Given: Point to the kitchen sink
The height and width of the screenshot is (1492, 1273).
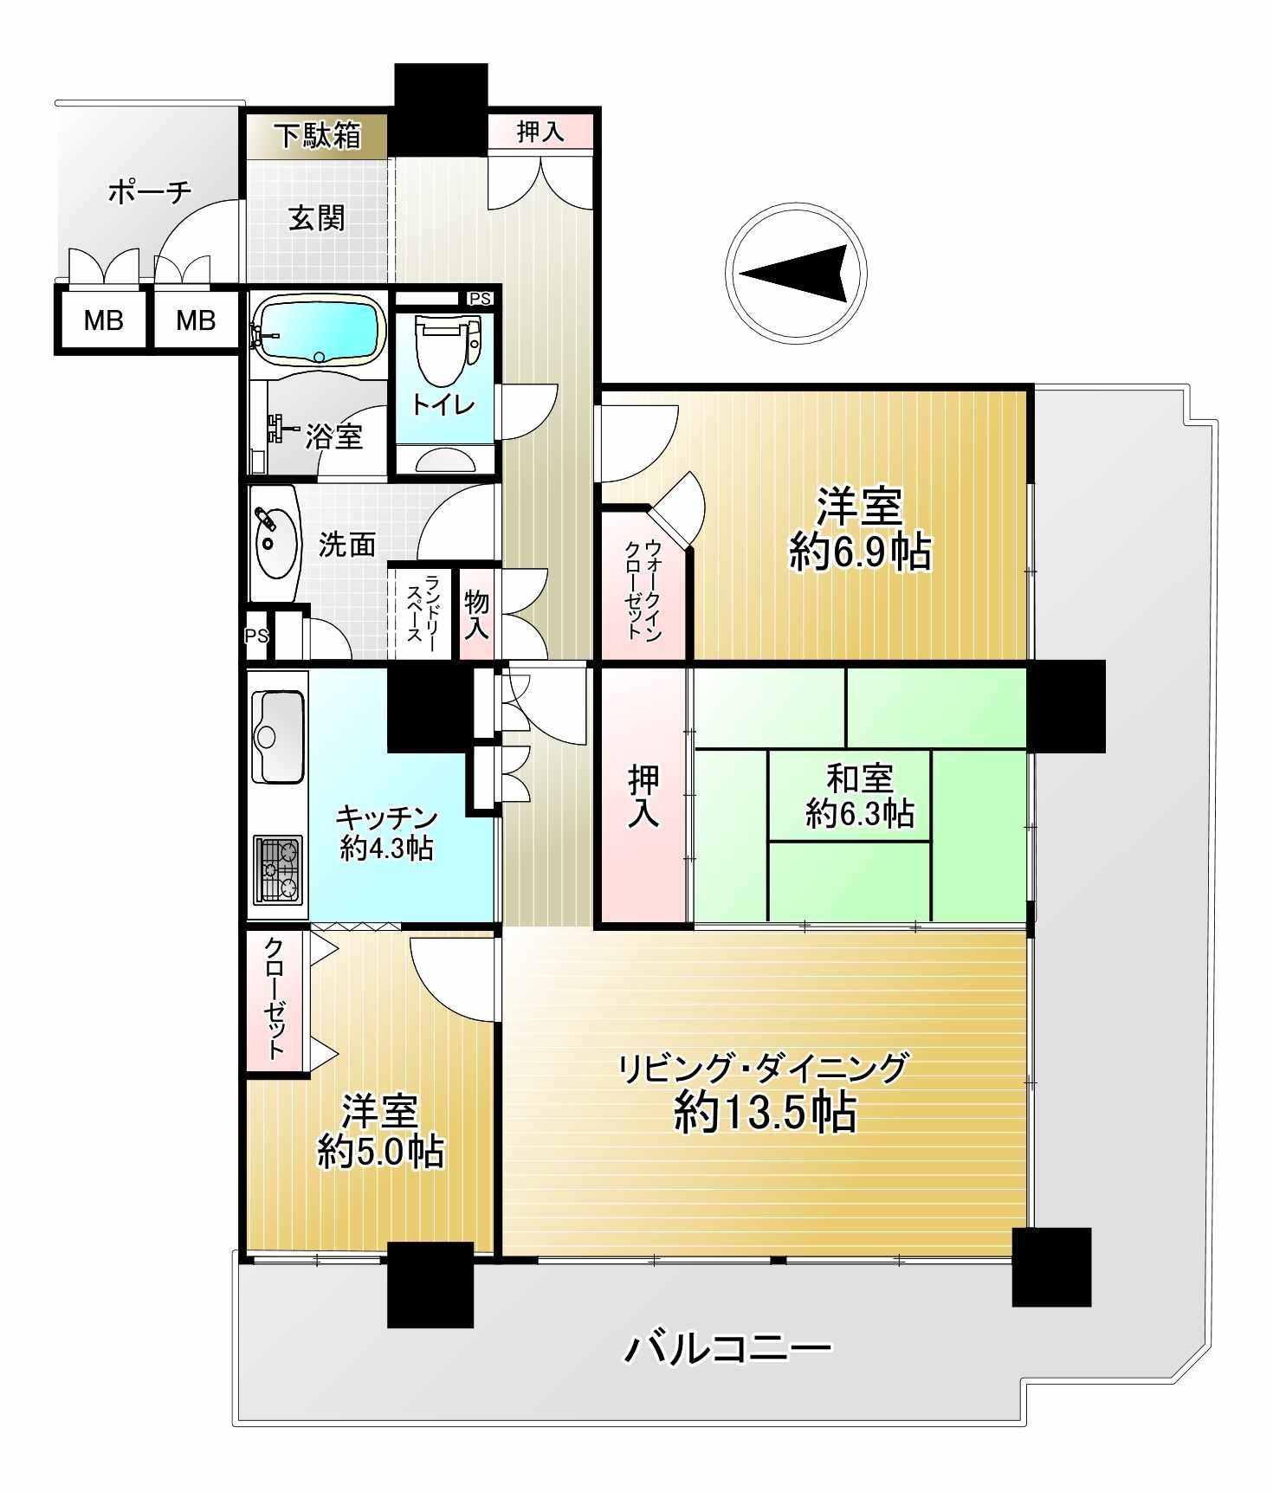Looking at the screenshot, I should (278, 736).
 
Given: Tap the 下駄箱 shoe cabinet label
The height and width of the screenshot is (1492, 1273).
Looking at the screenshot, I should (317, 136).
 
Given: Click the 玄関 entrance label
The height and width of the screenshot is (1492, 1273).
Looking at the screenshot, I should (316, 217).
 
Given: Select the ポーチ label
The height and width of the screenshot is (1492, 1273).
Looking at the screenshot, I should (149, 191).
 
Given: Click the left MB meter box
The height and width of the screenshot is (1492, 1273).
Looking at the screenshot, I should (103, 320).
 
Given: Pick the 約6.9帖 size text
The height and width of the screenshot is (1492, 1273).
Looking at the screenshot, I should (859, 552).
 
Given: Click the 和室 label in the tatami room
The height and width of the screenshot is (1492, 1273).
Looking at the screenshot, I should (859, 778).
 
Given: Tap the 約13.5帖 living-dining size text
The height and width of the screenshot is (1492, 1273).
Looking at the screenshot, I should (765, 1114).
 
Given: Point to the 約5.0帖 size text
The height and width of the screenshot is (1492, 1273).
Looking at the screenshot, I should (380, 1152).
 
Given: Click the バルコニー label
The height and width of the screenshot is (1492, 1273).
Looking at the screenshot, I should (727, 1348).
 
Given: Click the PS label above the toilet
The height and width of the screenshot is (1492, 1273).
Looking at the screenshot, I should (480, 299).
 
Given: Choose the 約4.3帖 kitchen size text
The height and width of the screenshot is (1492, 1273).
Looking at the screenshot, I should (386, 848).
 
